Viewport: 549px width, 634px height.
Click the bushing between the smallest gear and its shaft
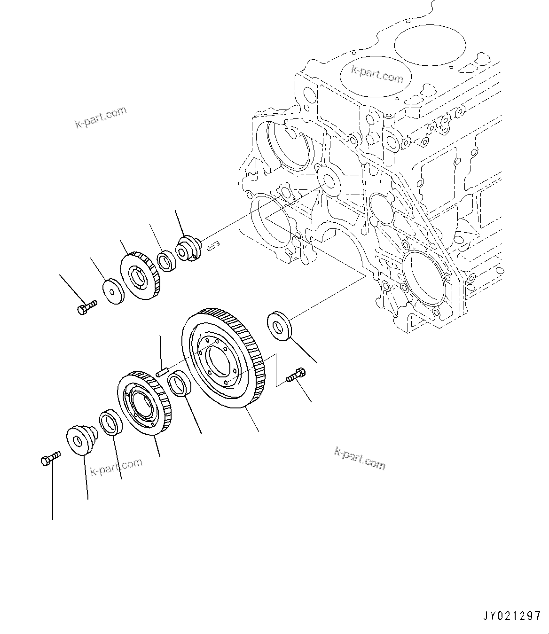(165, 261)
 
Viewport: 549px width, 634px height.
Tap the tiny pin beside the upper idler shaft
(214, 244)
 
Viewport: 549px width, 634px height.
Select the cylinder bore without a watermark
(430, 45)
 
